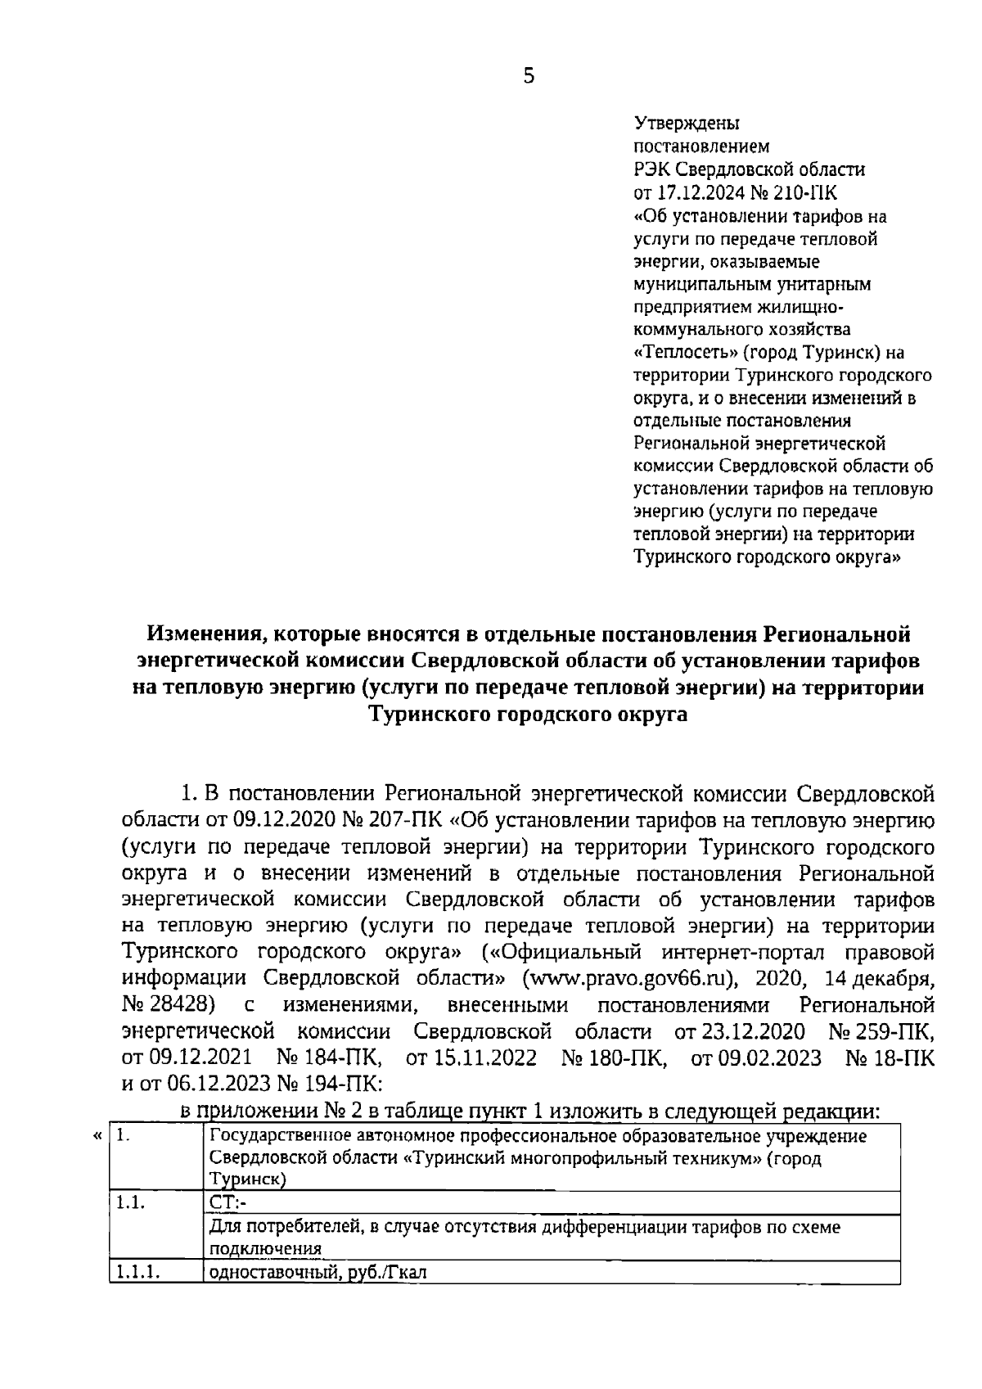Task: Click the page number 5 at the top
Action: tap(528, 77)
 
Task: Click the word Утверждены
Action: tap(687, 124)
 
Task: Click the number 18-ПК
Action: tap(905, 1058)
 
